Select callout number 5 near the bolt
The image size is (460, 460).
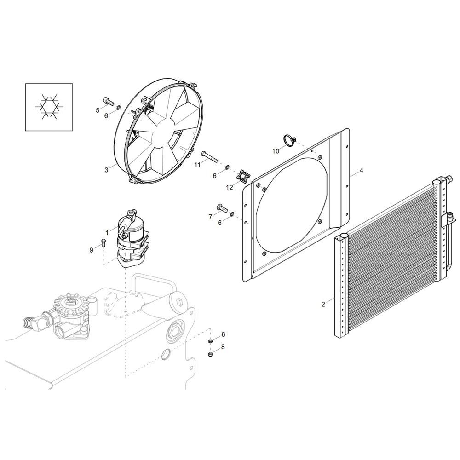[x=98, y=110]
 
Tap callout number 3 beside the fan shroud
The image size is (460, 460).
[x=106, y=170]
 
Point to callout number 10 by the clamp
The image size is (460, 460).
[x=276, y=151]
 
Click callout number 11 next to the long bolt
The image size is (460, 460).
[x=197, y=165]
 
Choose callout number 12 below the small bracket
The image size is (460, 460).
[x=230, y=187]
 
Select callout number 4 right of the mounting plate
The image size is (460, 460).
[x=362, y=171]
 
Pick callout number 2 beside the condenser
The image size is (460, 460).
[x=323, y=304]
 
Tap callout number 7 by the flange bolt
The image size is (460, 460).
[x=210, y=216]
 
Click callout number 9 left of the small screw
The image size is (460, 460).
[x=92, y=250]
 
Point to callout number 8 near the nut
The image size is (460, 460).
[x=223, y=347]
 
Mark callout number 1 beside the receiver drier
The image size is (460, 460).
[x=107, y=232]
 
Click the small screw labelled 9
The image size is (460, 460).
[x=103, y=243]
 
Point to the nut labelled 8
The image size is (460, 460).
[x=210, y=355]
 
